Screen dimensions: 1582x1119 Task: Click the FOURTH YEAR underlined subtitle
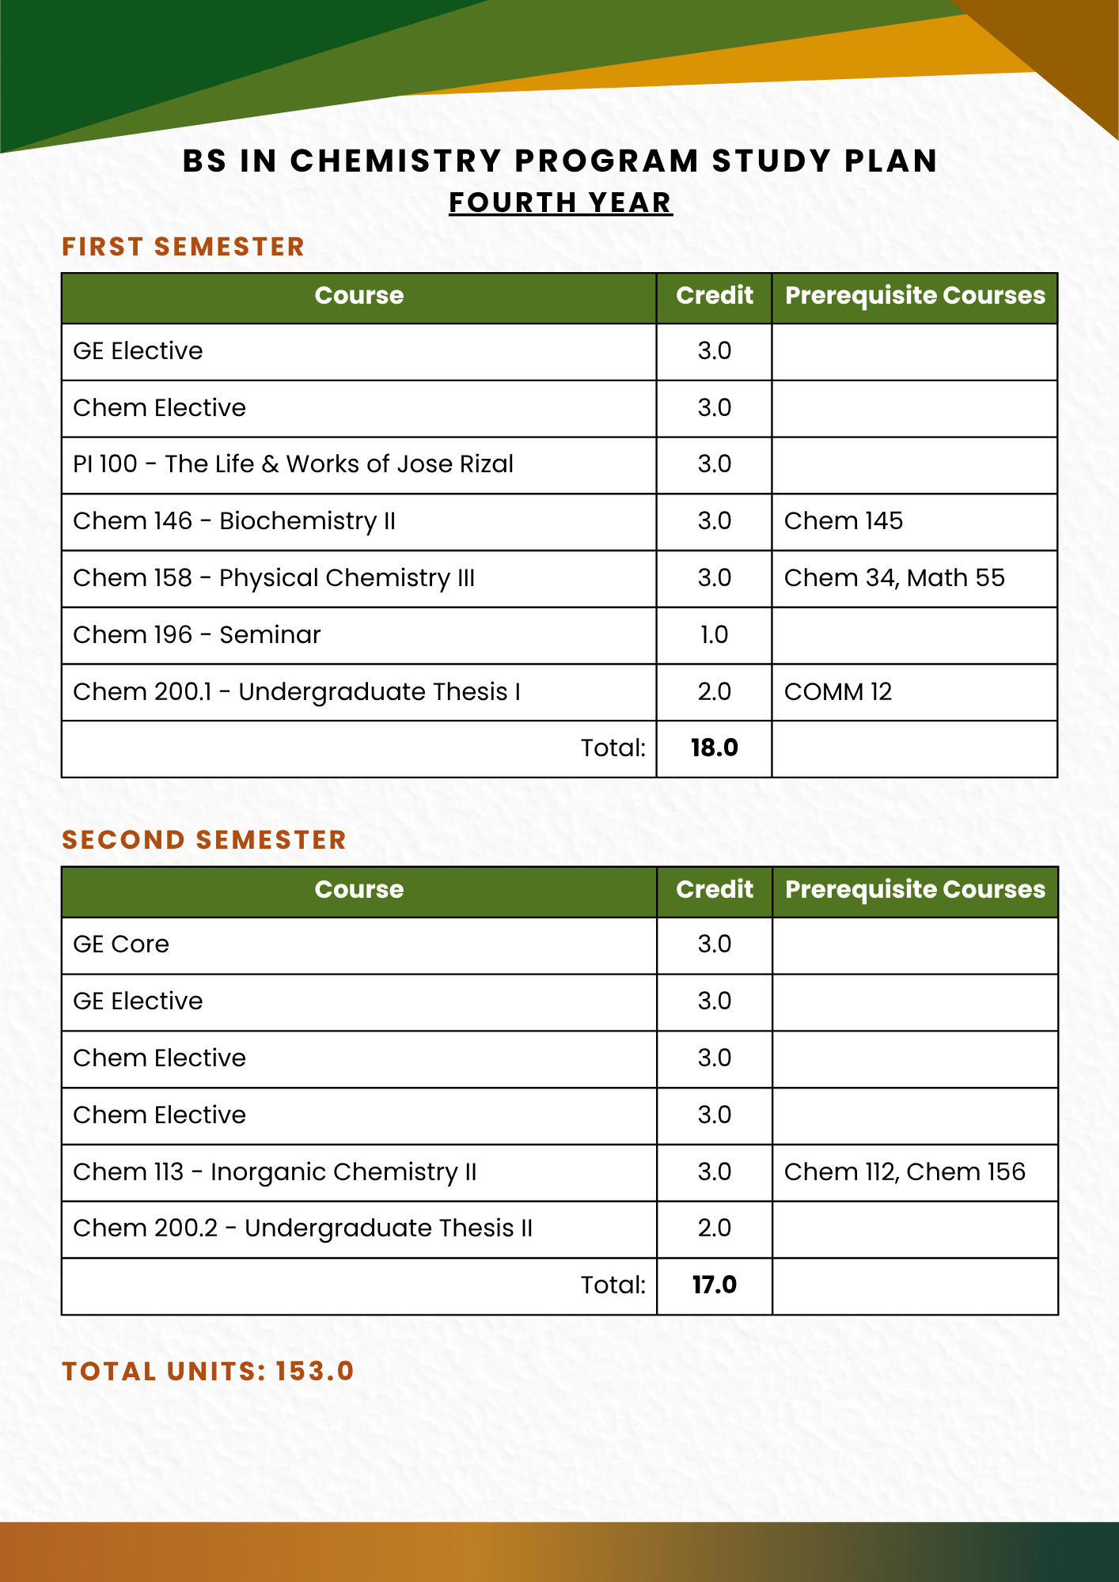(x=560, y=202)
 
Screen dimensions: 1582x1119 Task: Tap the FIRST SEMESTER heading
(x=183, y=247)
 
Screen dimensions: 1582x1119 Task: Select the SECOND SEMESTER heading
(x=204, y=840)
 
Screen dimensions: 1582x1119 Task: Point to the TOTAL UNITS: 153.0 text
(x=207, y=1371)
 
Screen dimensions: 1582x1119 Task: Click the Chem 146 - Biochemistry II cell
(x=234, y=521)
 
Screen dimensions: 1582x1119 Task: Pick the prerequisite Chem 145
(x=843, y=521)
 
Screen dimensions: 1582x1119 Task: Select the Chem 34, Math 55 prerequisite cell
(x=894, y=578)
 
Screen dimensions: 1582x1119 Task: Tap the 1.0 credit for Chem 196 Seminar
(x=714, y=635)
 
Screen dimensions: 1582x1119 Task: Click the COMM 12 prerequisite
(x=837, y=692)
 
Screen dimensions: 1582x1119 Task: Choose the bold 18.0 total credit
(x=714, y=748)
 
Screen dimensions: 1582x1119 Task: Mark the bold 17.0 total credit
(x=714, y=1285)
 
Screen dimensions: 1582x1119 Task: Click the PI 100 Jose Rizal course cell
(x=293, y=464)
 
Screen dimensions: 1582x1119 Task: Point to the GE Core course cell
(x=121, y=944)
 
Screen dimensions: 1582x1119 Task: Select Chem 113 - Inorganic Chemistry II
(x=275, y=1172)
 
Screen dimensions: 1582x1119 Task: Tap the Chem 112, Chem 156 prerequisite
(x=905, y=1172)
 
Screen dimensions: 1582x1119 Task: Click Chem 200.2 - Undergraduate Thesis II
(x=302, y=1228)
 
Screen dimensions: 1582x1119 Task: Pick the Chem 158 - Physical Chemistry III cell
(x=274, y=578)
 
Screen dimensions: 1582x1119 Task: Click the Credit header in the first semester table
(x=714, y=296)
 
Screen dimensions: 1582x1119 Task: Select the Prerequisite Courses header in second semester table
(x=915, y=890)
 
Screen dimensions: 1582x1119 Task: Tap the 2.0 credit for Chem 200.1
(x=714, y=692)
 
